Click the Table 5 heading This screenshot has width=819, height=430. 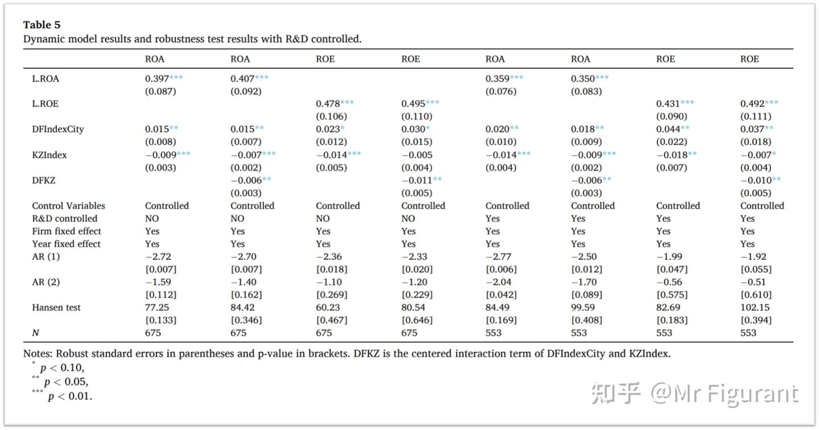pyautogui.click(x=42, y=25)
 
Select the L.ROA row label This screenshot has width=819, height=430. pyautogui.click(x=45, y=78)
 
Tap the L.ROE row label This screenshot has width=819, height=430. pyautogui.click(x=45, y=104)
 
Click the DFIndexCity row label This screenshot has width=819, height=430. pyautogui.click(x=58, y=129)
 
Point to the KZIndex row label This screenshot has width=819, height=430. pyautogui.click(x=49, y=155)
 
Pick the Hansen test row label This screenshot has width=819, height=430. pyautogui.click(x=56, y=308)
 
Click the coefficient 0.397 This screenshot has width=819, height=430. pyautogui.click(x=156, y=78)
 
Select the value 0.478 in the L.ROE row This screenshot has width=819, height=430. pyautogui.click(x=328, y=104)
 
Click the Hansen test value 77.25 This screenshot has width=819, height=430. pyautogui.click(x=157, y=308)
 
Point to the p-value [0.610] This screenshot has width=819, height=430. pyautogui.click(x=756, y=295)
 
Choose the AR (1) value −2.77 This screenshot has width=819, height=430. pyautogui.click(x=498, y=257)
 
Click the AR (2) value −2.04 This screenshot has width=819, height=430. pyautogui.click(x=498, y=282)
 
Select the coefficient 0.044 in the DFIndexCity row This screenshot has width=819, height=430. pyautogui.click(x=668, y=129)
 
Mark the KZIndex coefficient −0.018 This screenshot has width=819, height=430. pyautogui.click(x=671, y=155)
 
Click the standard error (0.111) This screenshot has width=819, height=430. pyautogui.click(x=756, y=117)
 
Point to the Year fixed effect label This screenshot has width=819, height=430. pyautogui.click(x=66, y=244)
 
